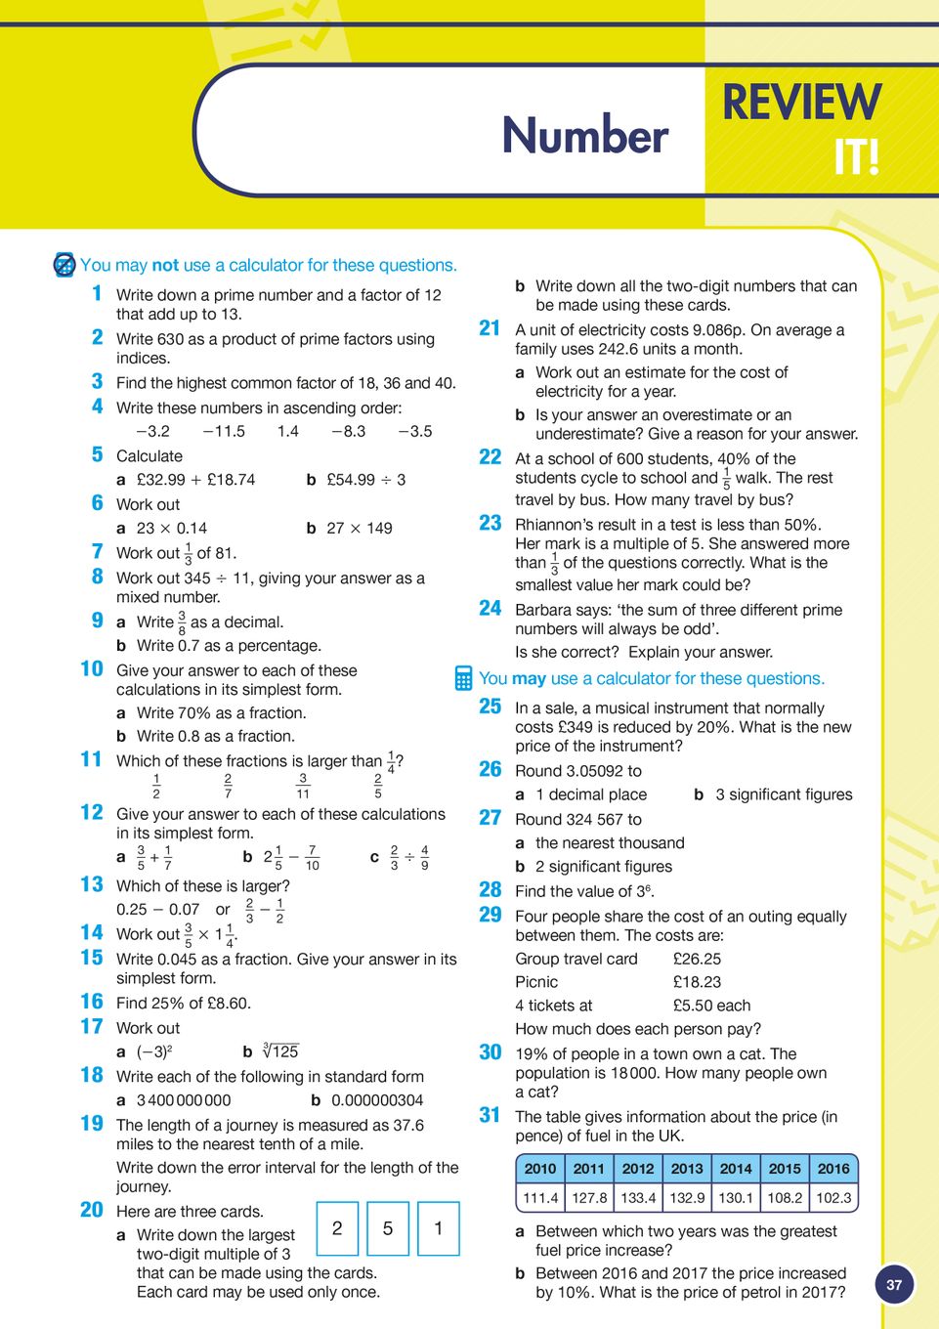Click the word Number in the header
click(x=584, y=135)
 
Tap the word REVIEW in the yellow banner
click(x=801, y=103)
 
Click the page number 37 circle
click(x=894, y=1285)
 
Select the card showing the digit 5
click(x=388, y=1228)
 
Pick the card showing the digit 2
click(x=337, y=1228)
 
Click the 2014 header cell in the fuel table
click(x=736, y=1169)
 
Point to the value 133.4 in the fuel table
click(x=638, y=1197)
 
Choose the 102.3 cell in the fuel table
click(x=833, y=1197)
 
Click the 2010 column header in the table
click(x=540, y=1169)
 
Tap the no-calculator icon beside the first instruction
click(x=64, y=265)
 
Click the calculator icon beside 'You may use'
click(x=464, y=678)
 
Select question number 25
click(x=491, y=707)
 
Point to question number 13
click(x=92, y=884)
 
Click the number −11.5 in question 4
click(x=224, y=431)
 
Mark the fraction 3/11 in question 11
click(x=303, y=786)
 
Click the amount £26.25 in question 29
click(x=697, y=959)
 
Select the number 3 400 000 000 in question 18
click(x=184, y=1100)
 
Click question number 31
click(x=491, y=1115)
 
